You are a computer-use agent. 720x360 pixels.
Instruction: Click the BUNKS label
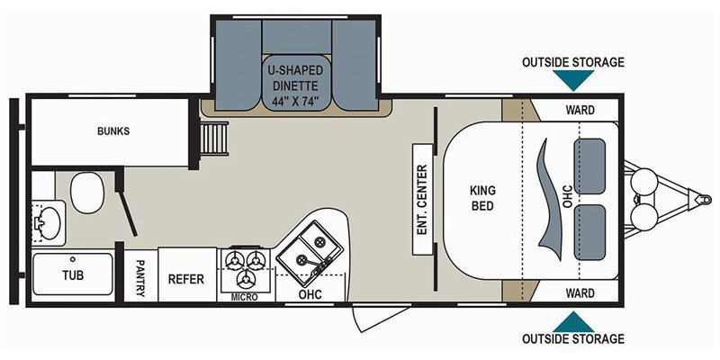pos(113,131)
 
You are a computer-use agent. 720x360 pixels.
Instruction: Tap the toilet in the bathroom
pos(87,193)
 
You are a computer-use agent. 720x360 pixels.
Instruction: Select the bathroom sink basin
pos(49,223)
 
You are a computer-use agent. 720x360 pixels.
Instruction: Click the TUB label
pos(73,275)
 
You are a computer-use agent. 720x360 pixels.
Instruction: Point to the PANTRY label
pos(140,278)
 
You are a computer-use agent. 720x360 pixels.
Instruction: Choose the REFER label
pos(186,279)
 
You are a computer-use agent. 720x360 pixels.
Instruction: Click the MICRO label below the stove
pos(244,297)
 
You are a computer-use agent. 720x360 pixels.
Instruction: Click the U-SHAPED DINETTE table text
pos(296,85)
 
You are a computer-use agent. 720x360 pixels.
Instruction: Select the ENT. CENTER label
pos(422,200)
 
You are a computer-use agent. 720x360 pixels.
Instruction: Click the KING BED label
pos(482,198)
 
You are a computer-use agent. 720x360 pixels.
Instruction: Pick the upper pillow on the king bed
pos(589,166)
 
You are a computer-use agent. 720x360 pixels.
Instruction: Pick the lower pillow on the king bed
pos(589,233)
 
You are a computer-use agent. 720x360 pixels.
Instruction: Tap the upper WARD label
pos(580,110)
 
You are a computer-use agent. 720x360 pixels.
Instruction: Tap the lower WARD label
pos(580,293)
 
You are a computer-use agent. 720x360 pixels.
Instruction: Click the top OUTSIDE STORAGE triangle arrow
pos(573,78)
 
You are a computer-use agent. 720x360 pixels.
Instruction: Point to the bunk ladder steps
pos(214,139)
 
